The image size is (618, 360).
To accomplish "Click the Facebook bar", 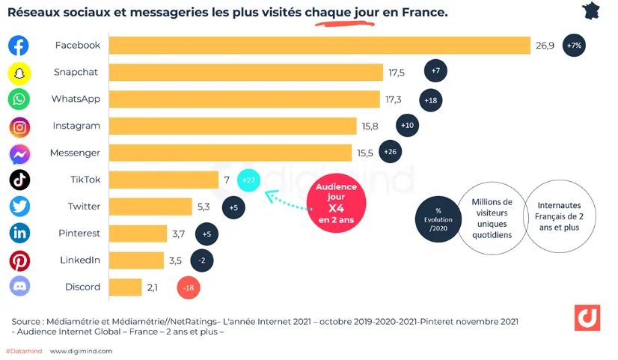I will point(319,46).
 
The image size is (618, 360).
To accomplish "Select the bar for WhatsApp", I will point(245,100).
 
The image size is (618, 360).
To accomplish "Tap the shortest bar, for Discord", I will point(125,287).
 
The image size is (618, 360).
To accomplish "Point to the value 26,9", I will point(545,46).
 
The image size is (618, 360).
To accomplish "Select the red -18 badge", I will point(188,287).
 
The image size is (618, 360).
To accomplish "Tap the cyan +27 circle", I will point(248,180).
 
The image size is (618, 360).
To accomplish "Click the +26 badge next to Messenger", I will point(390,153).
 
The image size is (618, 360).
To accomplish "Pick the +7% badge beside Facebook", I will point(575,46).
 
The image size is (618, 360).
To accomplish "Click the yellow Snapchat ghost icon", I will point(19,73).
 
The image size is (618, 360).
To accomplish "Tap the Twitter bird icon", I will point(19,207).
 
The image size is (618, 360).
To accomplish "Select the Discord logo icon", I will point(19,287).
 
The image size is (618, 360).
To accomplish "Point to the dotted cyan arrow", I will point(281,200).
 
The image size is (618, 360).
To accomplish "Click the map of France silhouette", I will point(591,10).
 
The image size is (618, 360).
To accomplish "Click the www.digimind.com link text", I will point(81,350).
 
